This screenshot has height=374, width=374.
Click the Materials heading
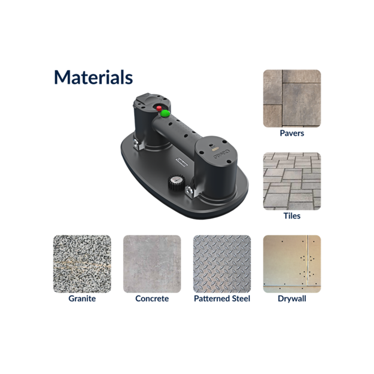93,77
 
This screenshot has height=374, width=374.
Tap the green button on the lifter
165,113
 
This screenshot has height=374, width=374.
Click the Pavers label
292,133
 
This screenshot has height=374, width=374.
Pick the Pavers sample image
292,98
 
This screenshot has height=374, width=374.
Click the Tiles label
292,216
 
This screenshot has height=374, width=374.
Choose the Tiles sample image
292,181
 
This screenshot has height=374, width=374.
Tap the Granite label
82,298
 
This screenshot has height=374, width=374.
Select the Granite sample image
82,264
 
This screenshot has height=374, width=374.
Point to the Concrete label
152,298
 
